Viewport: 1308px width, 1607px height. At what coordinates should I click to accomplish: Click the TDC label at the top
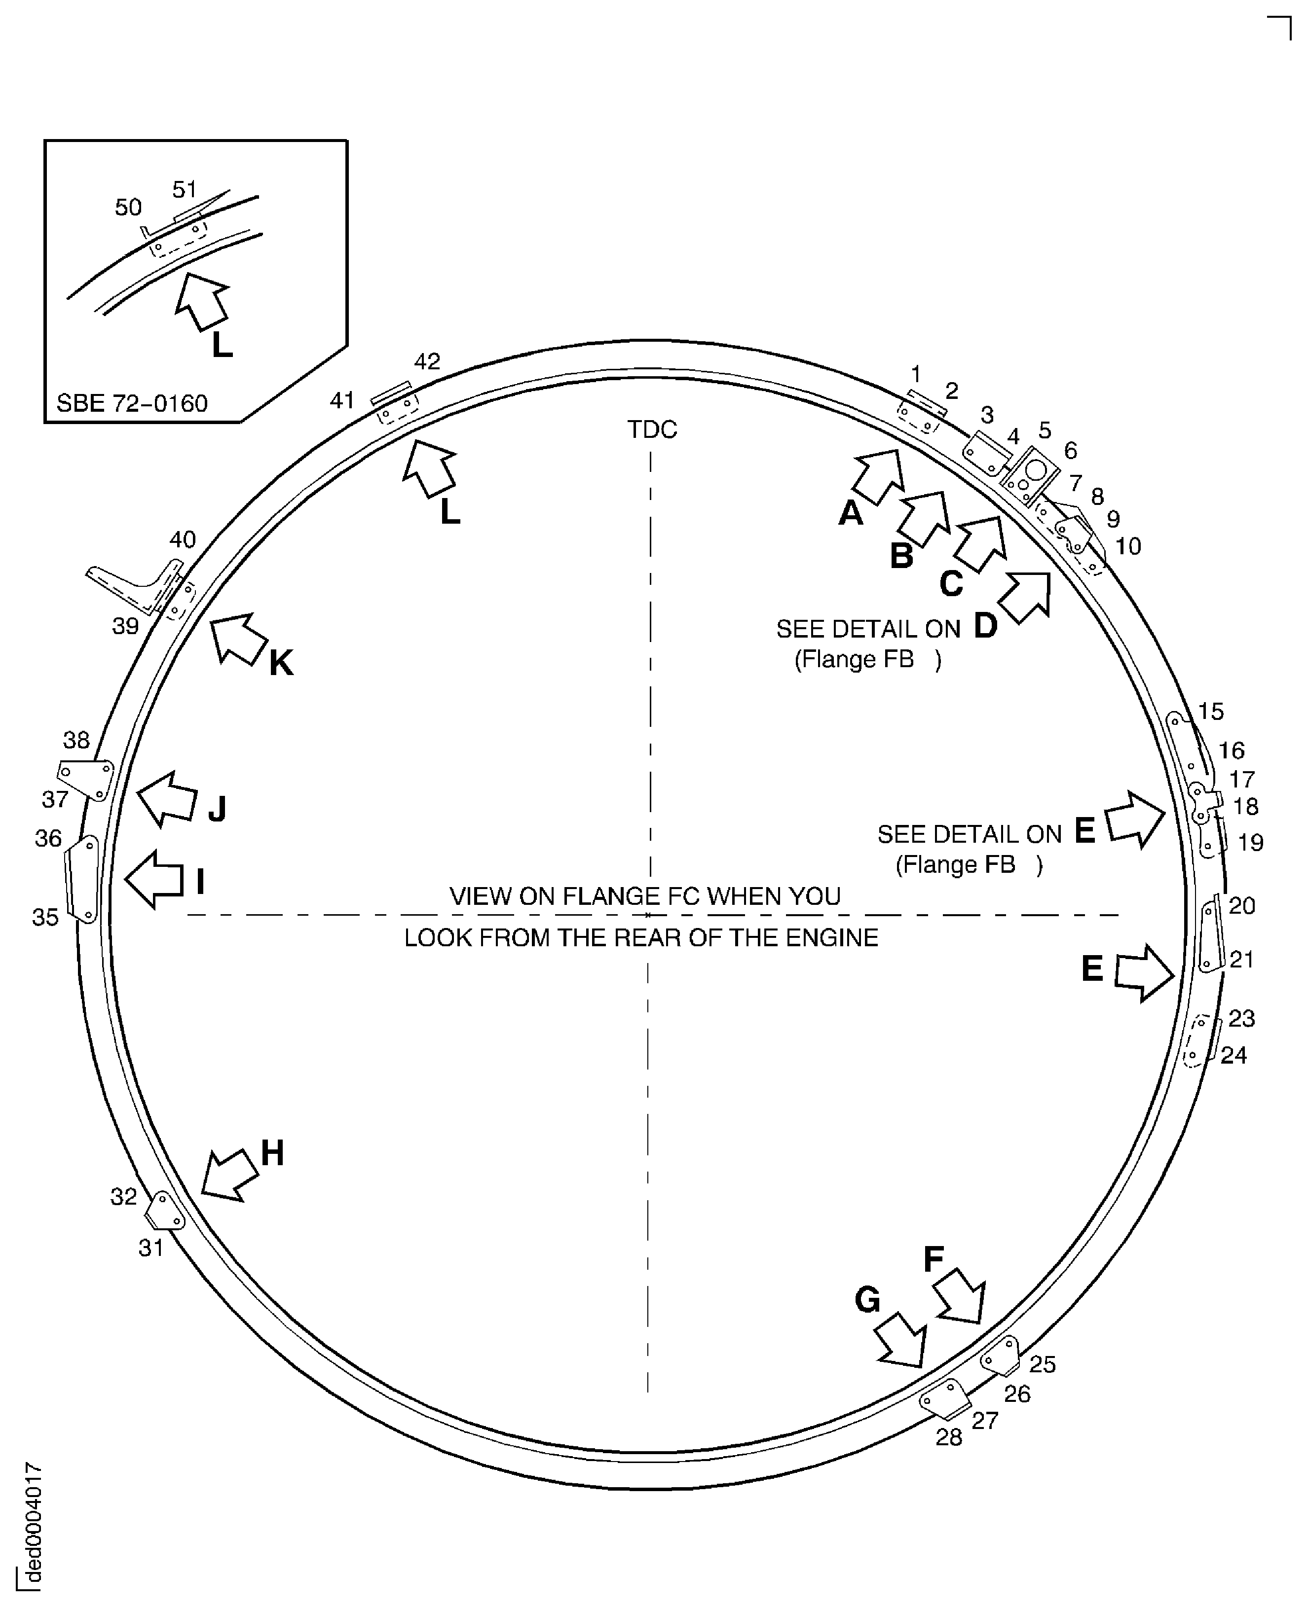[652, 429]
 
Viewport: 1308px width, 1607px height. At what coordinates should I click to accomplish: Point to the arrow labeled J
[167, 799]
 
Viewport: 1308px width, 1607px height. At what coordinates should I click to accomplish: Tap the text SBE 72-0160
[132, 404]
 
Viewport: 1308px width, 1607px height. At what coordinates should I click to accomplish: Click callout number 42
[427, 361]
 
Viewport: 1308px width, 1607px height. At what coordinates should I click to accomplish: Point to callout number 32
[124, 1196]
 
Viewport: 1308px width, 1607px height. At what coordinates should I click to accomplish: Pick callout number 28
[949, 1437]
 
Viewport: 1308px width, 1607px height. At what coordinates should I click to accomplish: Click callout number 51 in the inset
[185, 190]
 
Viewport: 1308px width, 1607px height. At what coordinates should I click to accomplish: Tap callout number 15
[1211, 711]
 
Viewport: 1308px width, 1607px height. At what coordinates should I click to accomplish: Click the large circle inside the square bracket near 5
[1036, 470]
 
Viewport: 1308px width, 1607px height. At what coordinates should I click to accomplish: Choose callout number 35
[45, 917]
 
